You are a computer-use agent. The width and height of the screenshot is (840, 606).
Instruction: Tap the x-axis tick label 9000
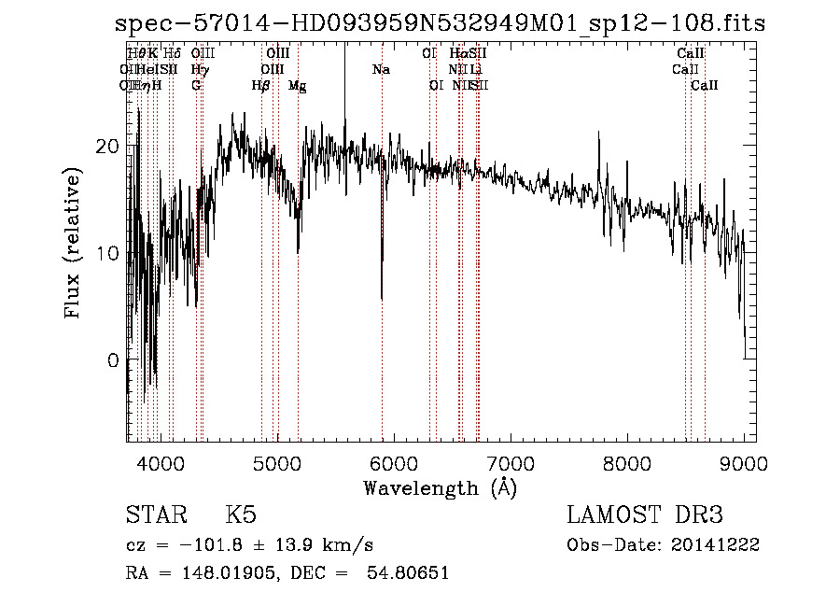click(744, 463)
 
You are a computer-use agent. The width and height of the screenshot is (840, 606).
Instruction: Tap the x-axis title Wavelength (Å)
click(440, 487)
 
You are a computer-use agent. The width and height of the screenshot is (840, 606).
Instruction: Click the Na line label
click(381, 70)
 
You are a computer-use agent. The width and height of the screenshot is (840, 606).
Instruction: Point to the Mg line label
click(297, 86)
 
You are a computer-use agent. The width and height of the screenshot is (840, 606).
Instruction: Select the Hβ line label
click(260, 86)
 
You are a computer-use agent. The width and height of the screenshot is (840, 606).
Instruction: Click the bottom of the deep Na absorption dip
click(382, 298)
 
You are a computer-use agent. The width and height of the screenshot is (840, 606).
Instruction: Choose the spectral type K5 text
click(241, 516)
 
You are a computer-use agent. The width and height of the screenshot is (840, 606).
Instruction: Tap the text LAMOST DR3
click(645, 516)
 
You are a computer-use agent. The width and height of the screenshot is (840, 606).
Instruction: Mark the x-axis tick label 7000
click(510, 463)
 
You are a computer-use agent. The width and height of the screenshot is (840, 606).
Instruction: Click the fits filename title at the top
click(440, 23)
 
